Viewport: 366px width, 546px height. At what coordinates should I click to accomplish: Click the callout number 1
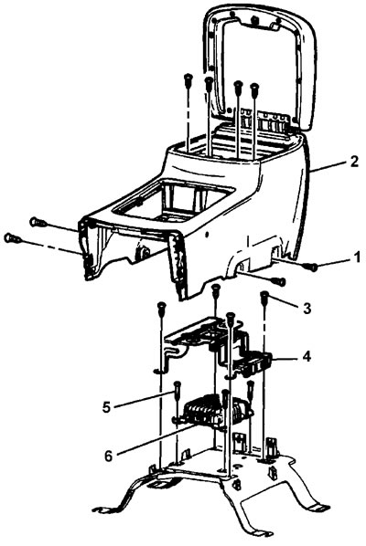click(356, 258)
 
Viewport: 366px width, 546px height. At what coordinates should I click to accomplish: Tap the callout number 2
click(353, 162)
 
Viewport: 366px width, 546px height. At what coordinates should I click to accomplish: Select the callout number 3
click(307, 309)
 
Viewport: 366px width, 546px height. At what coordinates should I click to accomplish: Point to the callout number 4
click(306, 357)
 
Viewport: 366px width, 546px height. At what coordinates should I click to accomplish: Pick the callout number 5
click(107, 406)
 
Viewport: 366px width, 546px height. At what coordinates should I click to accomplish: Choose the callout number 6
click(109, 456)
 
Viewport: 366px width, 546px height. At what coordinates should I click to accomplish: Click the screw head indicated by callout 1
click(313, 268)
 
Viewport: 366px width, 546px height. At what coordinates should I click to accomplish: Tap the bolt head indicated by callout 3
click(264, 295)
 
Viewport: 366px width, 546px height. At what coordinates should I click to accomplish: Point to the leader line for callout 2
click(328, 166)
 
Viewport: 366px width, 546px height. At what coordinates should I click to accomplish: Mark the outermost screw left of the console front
click(11, 238)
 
